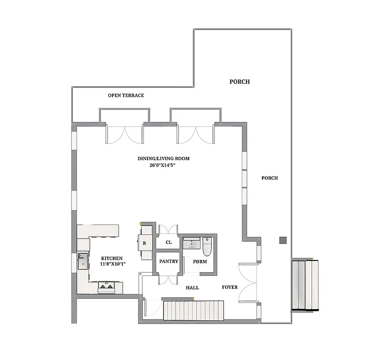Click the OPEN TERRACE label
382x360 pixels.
[x=126, y=95]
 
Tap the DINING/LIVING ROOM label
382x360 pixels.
[x=163, y=158]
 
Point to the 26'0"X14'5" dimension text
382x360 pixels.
[x=163, y=165]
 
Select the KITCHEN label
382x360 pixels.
[x=111, y=258]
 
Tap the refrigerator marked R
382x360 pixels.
[x=144, y=243]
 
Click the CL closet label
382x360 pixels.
[x=169, y=242]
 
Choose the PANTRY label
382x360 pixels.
[x=169, y=261]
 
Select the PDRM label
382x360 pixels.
[x=200, y=261]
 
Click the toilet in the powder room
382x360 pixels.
[x=207, y=246]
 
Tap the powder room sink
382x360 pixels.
[x=191, y=243]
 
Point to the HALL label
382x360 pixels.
[x=192, y=288]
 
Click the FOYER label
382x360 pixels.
[x=230, y=287]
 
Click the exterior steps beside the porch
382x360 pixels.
[x=308, y=285]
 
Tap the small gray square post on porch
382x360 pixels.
[x=283, y=240]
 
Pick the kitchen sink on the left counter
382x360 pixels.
[x=84, y=261]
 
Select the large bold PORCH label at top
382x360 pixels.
[x=240, y=82]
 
